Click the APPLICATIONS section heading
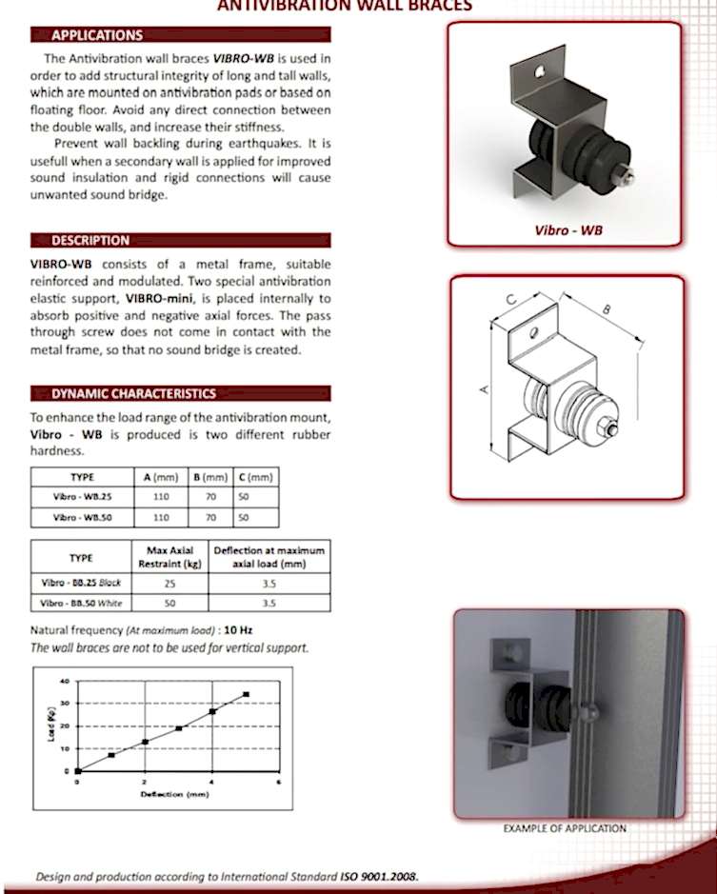[96, 36]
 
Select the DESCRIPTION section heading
[90, 241]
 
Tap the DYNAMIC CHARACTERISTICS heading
[133, 394]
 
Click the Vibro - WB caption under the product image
[568, 229]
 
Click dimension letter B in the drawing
[607, 308]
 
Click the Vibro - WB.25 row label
[82, 497]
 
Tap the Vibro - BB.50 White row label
[81, 603]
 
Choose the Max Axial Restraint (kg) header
[170, 557]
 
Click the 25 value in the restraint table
[170, 583]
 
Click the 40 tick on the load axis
[65, 682]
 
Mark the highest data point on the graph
[247, 694]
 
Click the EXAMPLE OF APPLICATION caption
[565, 828]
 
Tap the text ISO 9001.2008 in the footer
[379, 876]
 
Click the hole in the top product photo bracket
[541, 70]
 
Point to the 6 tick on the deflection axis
[279, 782]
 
